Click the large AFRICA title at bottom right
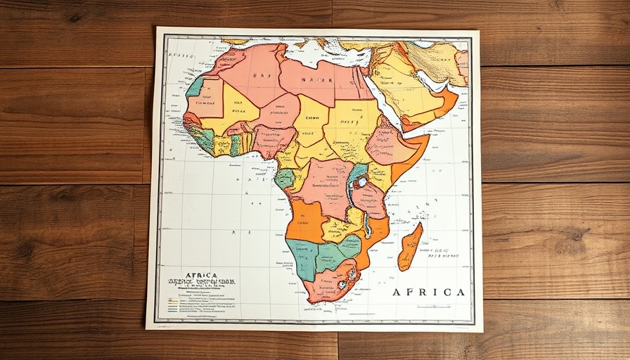pos(428,292)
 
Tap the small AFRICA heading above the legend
pos(201,276)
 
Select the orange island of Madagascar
pos(410,247)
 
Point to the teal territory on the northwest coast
pos(195,87)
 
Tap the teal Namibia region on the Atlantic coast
pos(302,257)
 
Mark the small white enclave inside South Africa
pos(342,285)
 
